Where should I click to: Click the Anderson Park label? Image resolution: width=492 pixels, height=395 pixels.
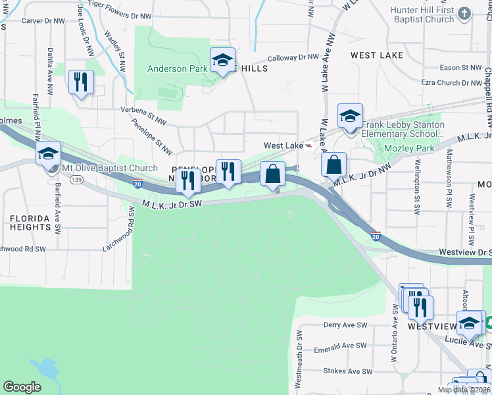178,68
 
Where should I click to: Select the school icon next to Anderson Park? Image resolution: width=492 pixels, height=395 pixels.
222,61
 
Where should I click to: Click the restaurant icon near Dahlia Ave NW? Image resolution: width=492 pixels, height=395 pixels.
81,82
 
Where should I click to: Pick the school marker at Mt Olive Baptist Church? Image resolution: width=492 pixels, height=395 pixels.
48,154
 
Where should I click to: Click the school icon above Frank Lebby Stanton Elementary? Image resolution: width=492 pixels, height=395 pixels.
350,117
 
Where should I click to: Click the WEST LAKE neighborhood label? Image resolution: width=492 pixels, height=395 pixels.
376,55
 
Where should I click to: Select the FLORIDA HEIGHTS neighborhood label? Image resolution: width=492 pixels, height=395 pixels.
30,223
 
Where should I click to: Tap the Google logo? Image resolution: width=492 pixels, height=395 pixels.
22,387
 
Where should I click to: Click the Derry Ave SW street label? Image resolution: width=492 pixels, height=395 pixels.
345,325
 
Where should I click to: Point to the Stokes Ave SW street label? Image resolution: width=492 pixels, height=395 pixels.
345,371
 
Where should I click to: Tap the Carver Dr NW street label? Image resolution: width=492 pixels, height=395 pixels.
43,21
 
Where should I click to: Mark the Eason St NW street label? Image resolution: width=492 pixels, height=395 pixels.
460,67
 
